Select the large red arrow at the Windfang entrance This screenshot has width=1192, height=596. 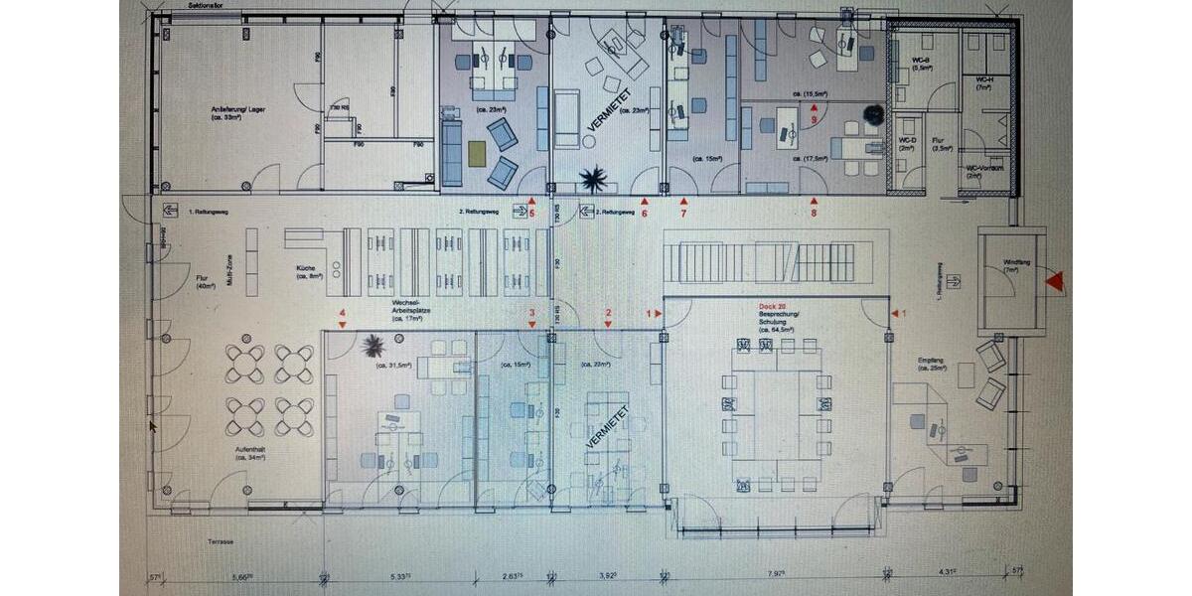[1055, 283]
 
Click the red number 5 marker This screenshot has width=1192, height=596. [531, 210]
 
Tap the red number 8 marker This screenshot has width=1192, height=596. [814, 210]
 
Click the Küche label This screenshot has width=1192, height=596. [306, 273]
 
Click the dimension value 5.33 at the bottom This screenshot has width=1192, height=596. [400, 573]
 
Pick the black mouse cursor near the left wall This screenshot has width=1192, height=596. [153, 426]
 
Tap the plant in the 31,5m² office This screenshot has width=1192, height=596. [373, 346]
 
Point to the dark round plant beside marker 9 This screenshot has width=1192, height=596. [873, 115]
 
